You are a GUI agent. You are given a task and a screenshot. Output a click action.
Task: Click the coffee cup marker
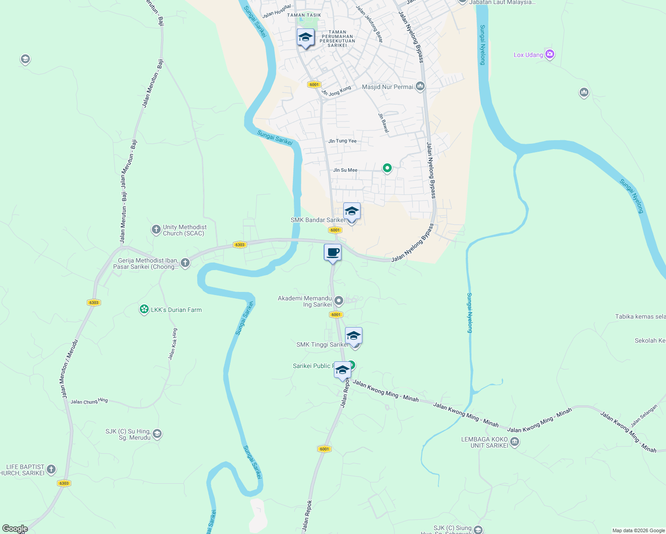click(x=333, y=253)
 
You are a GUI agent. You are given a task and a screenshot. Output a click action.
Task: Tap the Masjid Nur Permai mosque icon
click(x=420, y=86)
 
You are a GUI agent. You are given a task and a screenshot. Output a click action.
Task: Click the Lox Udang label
click(x=528, y=55)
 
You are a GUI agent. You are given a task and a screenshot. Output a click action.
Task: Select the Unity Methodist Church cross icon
click(x=156, y=230)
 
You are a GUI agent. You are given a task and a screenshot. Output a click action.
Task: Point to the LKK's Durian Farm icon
click(x=144, y=309)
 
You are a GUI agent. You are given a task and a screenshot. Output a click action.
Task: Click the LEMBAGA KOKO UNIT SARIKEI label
click(x=484, y=442)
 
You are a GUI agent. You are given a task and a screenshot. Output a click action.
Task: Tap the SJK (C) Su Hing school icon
click(x=157, y=433)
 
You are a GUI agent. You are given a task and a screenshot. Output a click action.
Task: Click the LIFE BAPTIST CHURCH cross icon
click(x=51, y=469)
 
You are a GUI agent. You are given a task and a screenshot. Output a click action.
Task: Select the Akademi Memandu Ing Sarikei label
click(x=305, y=301)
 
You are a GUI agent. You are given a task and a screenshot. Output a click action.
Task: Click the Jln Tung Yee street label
click(x=342, y=141)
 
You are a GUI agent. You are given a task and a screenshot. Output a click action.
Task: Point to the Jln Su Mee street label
click(x=345, y=170)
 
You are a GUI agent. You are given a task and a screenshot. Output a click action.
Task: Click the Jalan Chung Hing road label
click(x=89, y=401)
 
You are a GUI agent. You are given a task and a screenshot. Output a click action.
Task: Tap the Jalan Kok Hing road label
click(x=172, y=344)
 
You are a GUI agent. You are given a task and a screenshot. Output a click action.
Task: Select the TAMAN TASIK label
click(x=304, y=15)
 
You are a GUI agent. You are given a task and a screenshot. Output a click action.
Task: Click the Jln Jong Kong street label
click(x=336, y=91)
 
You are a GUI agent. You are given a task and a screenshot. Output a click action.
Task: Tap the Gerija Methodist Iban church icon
click(x=185, y=263)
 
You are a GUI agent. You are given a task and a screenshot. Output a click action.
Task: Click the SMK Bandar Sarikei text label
click(x=317, y=220)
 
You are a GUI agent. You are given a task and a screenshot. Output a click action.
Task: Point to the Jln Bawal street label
click(x=383, y=122)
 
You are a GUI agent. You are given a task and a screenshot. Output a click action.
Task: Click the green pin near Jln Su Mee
click(x=387, y=168)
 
